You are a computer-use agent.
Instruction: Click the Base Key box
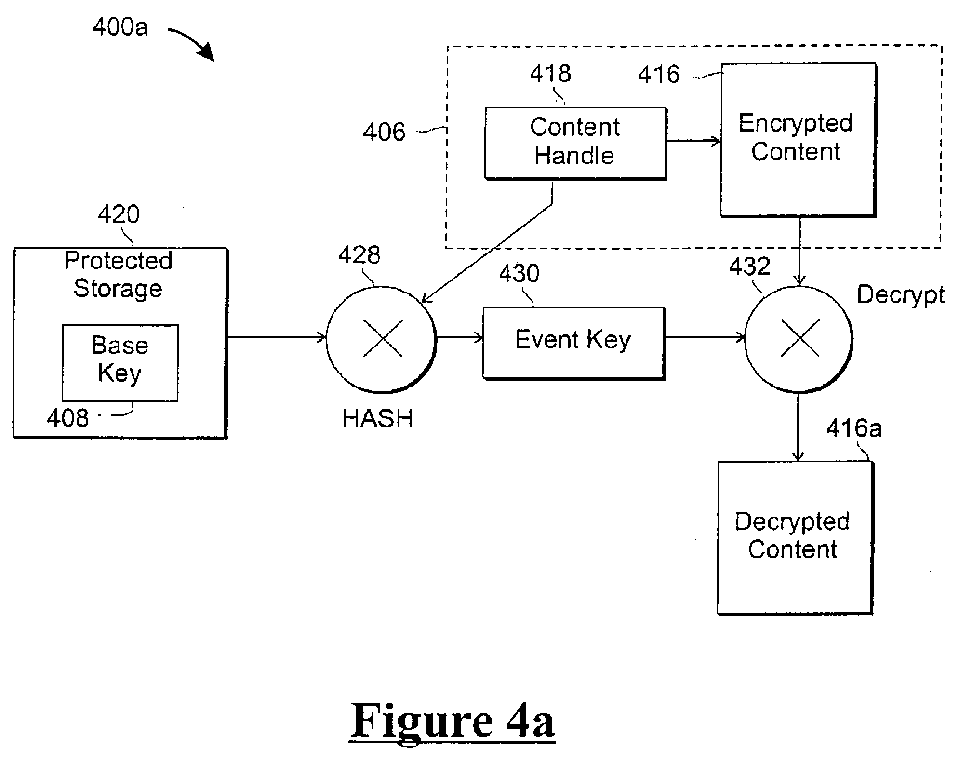pos(120,363)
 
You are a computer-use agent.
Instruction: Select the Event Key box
pos(573,343)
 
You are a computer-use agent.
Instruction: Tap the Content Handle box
pos(576,143)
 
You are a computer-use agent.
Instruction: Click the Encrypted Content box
pos(798,139)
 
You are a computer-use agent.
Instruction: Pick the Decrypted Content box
pos(796,538)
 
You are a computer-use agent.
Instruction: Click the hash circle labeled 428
pos(382,339)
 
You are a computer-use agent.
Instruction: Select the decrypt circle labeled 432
pos(798,339)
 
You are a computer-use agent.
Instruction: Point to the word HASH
pos(378,418)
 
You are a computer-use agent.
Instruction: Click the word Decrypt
pos(901,295)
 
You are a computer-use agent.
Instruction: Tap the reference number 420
pos(118,214)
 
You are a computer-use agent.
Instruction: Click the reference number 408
pos(68,418)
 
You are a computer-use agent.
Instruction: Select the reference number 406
pos(384,132)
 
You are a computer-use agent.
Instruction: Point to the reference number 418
pos(550,73)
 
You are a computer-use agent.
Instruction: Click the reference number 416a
pos(853,429)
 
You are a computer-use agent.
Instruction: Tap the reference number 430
pos(519,274)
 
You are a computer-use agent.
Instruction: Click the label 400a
pos(120,27)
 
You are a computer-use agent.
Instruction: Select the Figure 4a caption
pos(452,722)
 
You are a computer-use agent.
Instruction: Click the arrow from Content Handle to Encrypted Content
pos(693,141)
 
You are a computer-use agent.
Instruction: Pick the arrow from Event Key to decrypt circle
pos(705,337)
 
